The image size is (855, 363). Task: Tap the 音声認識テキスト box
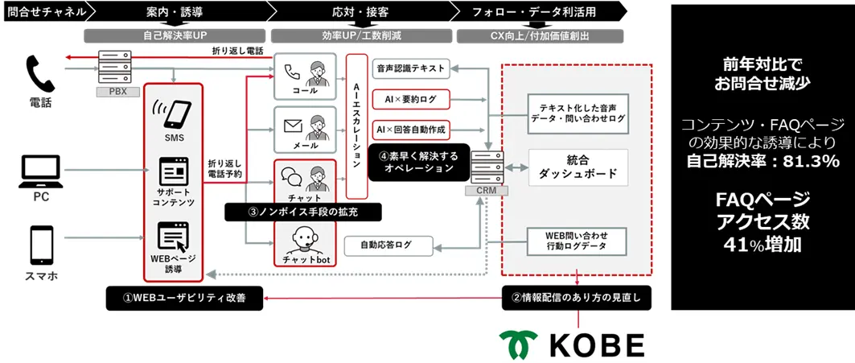click(410, 69)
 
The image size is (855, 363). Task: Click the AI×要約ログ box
click(410, 98)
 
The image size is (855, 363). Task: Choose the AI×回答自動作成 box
click(410, 128)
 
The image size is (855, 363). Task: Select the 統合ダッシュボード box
click(577, 167)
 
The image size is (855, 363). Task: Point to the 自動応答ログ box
click(388, 245)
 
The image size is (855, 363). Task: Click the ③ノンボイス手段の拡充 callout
click(302, 212)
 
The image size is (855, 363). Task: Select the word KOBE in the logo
click(595, 344)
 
